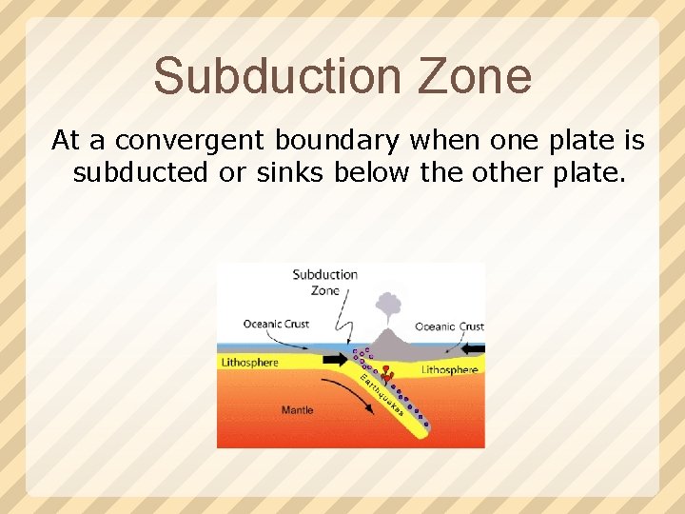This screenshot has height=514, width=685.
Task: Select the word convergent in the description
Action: [x=193, y=141]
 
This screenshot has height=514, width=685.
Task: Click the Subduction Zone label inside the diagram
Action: [x=324, y=283]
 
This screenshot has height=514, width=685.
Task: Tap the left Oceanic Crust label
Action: [x=276, y=325]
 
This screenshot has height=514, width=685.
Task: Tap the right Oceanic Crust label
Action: [x=449, y=326]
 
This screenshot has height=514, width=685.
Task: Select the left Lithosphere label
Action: [x=249, y=363]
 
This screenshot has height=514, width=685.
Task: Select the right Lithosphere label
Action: [x=449, y=369]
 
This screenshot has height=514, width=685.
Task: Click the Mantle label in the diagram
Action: [x=297, y=410]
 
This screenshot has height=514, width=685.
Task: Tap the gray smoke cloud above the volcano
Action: [x=388, y=305]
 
